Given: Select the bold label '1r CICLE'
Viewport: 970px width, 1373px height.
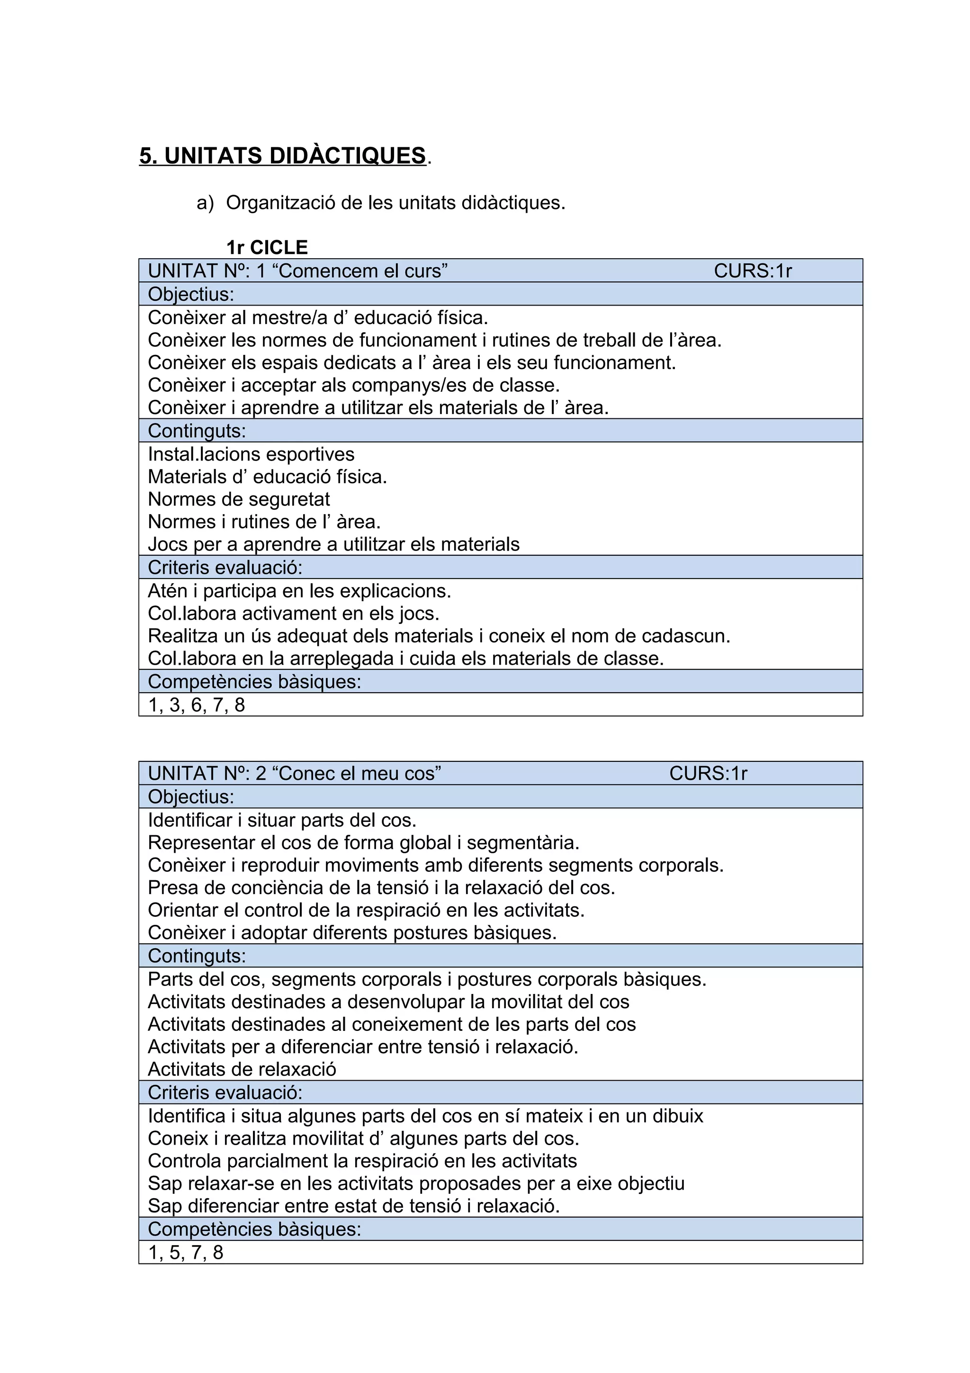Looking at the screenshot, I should pyautogui.click(x=267, y=247).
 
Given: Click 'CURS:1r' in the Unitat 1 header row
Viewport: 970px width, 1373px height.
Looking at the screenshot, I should pyautogui.click(x=753, y=271).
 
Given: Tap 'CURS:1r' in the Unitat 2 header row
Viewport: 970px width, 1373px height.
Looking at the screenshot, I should pyautogui.click(x=708, y=773).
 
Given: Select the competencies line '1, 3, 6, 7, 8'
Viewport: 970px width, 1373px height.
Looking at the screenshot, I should pyautogui.click(x=197, y=705).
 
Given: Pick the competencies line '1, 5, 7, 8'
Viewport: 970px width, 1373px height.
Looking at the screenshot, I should pyautogui.click(x=185, y=1252).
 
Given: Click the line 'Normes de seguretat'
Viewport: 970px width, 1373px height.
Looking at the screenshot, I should pyautogui.click(x=238, y=499).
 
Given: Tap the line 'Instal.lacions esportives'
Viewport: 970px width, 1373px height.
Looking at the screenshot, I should pyautogui.click(x=251, y=454).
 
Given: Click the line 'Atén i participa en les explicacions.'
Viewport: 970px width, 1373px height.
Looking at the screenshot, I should pyautogui.click(x=299, y=591).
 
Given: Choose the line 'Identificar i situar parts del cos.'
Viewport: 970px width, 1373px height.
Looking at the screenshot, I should pyautogui.click(x=282, y=820).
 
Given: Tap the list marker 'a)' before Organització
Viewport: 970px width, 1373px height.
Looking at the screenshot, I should pyautogui.click(x=205, y=203).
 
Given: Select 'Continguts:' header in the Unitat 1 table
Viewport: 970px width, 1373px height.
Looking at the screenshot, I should pyautogui.click(x=197, y=431).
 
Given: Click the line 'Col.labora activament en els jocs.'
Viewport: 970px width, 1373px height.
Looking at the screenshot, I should pyautogui.click(x=294, y=614).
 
